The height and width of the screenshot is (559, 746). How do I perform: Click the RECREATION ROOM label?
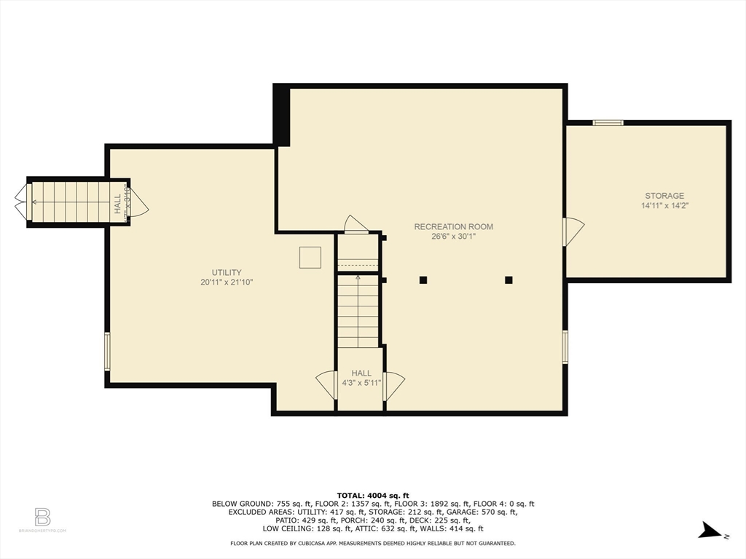pyautogui.click(x=453, y=226)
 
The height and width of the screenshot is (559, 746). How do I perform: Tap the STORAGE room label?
pyautogui.click(x=664, y=196)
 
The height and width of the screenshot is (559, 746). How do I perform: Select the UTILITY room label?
pyautogui.click(x=227, y=272)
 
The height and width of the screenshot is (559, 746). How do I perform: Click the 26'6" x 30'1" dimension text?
pyautogui.click(x=453, y=237)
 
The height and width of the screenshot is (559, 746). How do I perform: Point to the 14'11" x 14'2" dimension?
pyautogui.click(x=664, y=206)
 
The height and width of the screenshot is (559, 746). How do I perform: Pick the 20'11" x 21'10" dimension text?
pyautogui.click(x=227, y=282)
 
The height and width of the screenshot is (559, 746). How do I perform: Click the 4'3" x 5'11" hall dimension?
pyautogui.click(x=361, y=383)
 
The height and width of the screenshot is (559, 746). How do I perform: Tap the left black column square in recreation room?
pyautogui.click(x=423, y=279)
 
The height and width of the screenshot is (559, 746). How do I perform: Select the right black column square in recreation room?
pyautogui.click(x=509, y=279)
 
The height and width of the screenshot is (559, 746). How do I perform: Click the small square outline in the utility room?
pyautogui.click(x=310, y=258)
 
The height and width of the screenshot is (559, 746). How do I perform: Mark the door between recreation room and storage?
pyautogui.click(x=573, y=231)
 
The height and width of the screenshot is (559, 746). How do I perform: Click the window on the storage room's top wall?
pyautogui.click(x=608, y=122)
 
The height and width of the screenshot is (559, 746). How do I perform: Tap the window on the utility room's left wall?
pyautogui.click(x=107, y=352)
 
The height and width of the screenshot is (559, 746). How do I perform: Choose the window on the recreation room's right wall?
pyautogui.click(x=565, y=346)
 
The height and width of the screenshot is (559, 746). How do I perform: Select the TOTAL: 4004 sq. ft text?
pyautogui.click(x=373, y=495)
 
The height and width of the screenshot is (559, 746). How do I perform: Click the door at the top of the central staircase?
pyautogui.click(x=356, y=225)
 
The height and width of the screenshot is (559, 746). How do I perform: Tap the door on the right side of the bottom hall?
pyautogui.click(x=393, y=385)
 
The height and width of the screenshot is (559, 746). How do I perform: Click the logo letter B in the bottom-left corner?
pyautogui.click(x=42, y=518)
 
